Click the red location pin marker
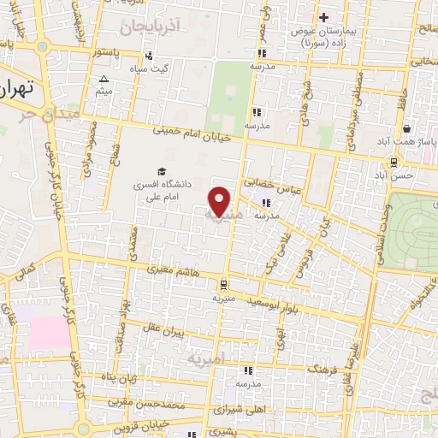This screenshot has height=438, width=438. pos(220,201)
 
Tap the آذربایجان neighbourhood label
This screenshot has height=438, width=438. pos(152,28)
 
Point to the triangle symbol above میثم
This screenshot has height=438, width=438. pos(104,79)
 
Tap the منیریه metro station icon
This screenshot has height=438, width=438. pos(223,285)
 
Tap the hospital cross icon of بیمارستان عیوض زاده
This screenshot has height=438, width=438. pos(323,16)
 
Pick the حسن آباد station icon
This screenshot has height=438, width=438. pos(394,162)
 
